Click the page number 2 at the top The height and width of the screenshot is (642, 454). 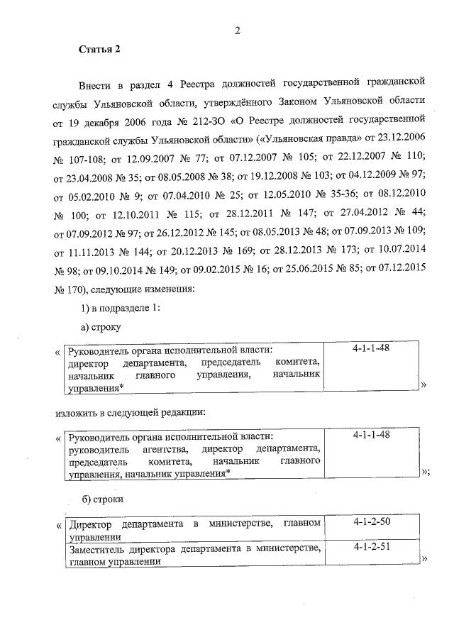pos(238,30)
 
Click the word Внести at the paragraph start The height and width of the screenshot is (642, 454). pos(96,86)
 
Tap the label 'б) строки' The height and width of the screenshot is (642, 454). pos(102,499)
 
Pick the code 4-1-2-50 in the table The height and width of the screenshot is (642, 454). pos(371,523)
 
